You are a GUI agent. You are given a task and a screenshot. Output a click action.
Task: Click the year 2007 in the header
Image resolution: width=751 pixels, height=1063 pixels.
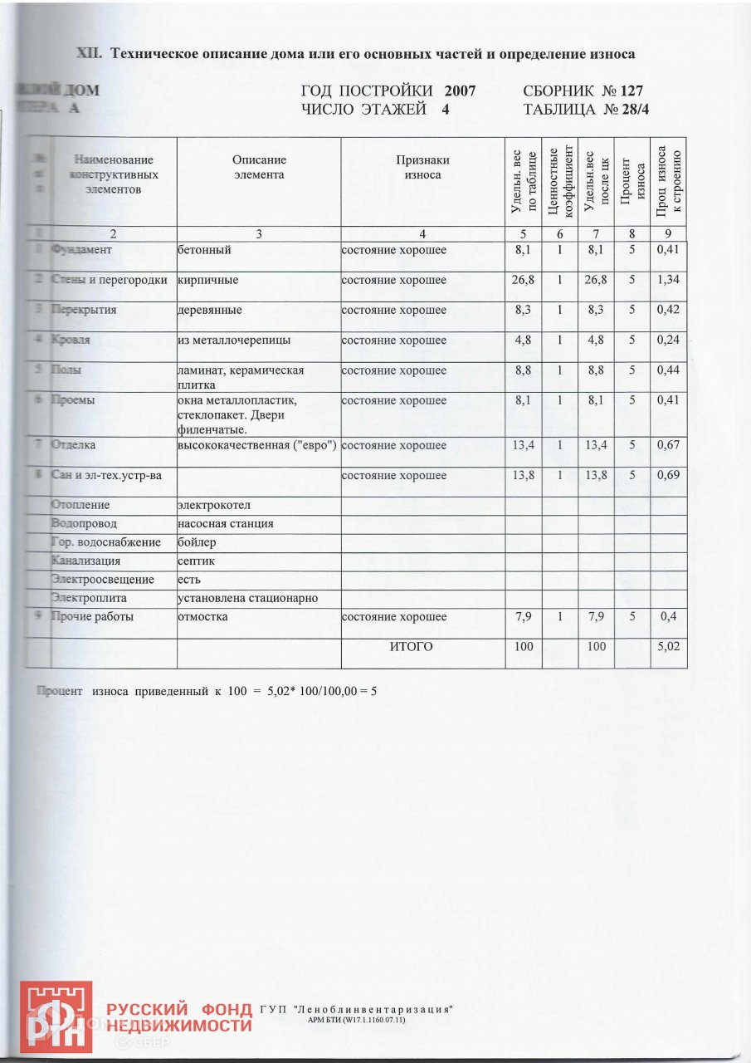(460, 91)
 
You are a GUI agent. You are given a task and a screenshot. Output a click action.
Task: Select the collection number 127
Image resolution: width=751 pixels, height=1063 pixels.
(629, 91)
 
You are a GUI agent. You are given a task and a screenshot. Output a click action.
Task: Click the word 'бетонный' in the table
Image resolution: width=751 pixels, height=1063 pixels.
(204, 250)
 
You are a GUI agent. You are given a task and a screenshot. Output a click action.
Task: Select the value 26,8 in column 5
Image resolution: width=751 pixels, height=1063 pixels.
(524, 280)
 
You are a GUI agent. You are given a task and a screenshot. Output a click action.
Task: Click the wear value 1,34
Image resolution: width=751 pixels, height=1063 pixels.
(668, 280)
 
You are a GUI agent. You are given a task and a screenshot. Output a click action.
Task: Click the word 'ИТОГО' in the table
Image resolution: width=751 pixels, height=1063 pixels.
(412, 646)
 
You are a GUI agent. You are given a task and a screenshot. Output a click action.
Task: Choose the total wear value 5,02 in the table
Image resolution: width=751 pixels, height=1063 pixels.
(668, 646)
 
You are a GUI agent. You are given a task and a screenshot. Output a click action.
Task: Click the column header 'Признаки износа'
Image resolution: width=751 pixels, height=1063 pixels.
(422, 168)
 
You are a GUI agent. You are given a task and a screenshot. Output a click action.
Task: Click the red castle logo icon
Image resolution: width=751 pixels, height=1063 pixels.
(56, 1016)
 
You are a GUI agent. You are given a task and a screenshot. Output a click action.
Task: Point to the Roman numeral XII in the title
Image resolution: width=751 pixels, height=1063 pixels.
(89, 54)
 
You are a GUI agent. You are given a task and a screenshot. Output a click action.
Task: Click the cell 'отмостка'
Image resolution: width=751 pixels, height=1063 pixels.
(203, 617)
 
